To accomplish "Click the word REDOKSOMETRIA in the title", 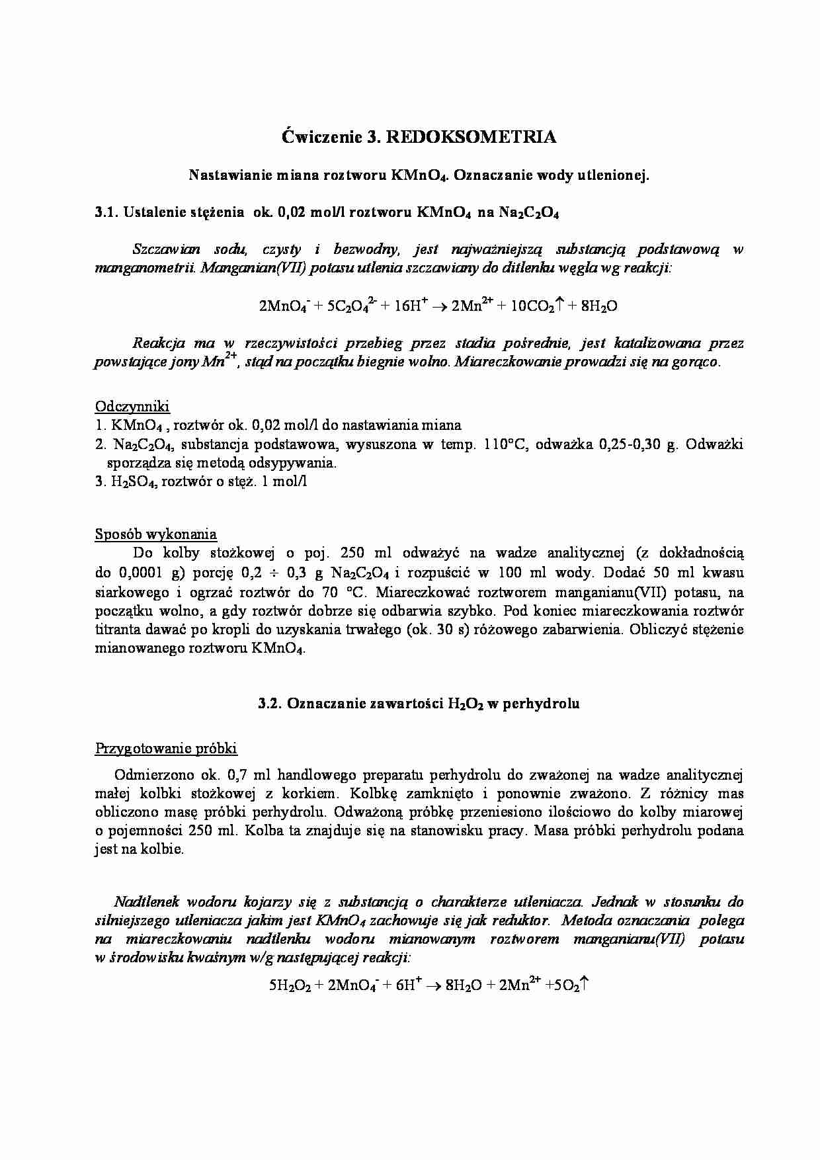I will click(470, 137).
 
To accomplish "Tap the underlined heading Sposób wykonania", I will click(156, 534).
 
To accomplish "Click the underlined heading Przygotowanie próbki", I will click(166, 749).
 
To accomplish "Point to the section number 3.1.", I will click(106, 212).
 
